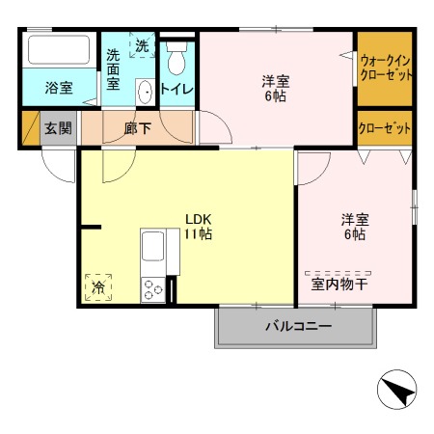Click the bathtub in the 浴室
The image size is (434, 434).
59,49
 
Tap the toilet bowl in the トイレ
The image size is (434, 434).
176,58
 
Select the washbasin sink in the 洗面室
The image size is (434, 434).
145,92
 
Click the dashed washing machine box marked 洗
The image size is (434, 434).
142,44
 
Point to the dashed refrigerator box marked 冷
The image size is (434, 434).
98,287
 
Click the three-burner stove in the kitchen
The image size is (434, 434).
153,289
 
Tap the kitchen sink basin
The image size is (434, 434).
153,246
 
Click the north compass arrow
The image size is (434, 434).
398,391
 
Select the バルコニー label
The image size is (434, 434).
298,326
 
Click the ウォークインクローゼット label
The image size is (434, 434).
386,68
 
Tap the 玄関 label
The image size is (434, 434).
58,128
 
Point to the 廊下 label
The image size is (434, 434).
138,128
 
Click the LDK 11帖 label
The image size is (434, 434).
198,227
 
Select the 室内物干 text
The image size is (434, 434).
339,285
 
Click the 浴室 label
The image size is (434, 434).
59,88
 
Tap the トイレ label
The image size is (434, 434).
176,89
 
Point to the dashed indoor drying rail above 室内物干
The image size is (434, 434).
338,274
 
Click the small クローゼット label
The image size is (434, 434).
385,128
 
